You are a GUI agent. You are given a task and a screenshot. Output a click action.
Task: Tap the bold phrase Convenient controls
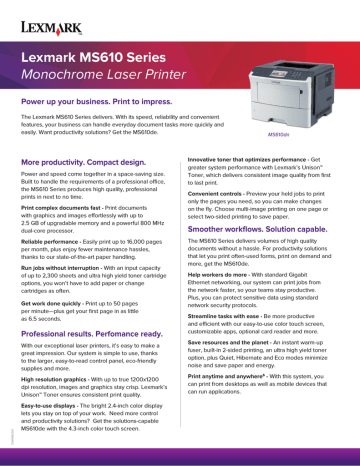click(x=219, y=193)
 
